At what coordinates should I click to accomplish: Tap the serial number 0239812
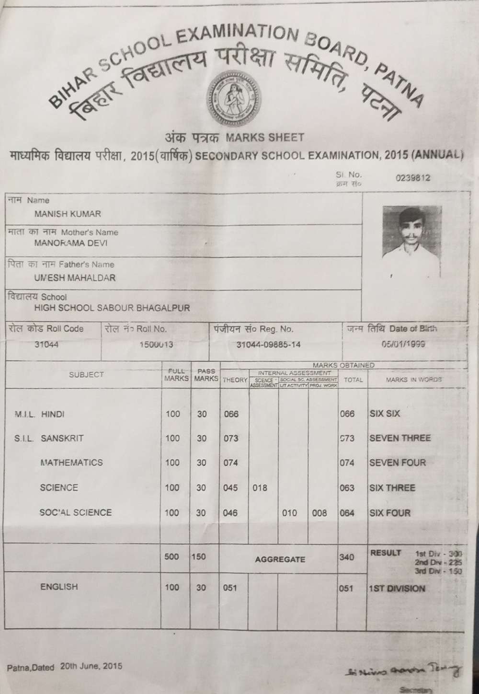413,178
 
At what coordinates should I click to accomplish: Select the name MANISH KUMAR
68,214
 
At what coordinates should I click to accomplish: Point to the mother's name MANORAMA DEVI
71,243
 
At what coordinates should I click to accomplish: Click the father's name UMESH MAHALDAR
75,278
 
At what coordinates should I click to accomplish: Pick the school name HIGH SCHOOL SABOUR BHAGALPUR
112,308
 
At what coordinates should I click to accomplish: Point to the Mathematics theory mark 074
231,463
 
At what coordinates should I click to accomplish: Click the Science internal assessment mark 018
260,488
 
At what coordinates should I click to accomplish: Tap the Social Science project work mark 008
319,513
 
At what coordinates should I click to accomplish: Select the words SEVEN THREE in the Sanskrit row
400,438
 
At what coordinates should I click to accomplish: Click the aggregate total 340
346,557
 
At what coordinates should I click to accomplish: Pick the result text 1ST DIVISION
397,589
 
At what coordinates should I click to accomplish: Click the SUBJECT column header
86,374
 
